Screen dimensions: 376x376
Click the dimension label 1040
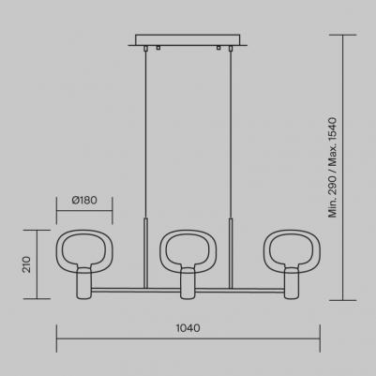[x=188, y=329]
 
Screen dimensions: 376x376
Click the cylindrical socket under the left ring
[x=83, y=283]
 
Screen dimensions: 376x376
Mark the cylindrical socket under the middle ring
[x=188, y=283]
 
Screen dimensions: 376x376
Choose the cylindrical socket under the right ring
[x=292, y=283]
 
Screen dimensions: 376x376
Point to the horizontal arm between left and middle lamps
[x=135, y=289]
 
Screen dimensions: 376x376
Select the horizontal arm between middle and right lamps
[x=240, y=289]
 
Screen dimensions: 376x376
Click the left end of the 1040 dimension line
[x=58, y=340]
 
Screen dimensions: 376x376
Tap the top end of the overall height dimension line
[x=344, y=36]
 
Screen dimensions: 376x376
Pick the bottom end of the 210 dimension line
[x=40, y=299]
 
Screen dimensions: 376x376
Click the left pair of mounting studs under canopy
[x=154, y=48]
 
